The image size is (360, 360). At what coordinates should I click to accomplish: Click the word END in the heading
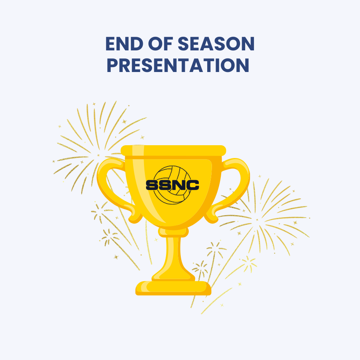click(124, 44)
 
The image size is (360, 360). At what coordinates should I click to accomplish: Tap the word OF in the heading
click(160, 44)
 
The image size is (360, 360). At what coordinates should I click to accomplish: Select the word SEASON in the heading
click(216, 44)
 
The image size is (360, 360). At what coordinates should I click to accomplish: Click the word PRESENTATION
click(178, 65)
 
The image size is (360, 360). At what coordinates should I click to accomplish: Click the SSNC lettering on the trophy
click(172, 185)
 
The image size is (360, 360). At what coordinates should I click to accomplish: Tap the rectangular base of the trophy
click(173, 288)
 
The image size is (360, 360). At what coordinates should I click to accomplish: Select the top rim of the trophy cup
click(173, 151)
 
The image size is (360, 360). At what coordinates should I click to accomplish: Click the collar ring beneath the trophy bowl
click(173, 232)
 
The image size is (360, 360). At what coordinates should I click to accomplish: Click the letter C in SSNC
click(192, 185)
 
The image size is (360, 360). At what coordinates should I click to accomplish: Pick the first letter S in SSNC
click(152, 185)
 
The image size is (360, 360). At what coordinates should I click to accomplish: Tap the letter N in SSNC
click(179, 185)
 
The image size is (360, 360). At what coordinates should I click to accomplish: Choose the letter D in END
click(137, 44)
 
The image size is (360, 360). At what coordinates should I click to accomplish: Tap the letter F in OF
click(168, 44)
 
